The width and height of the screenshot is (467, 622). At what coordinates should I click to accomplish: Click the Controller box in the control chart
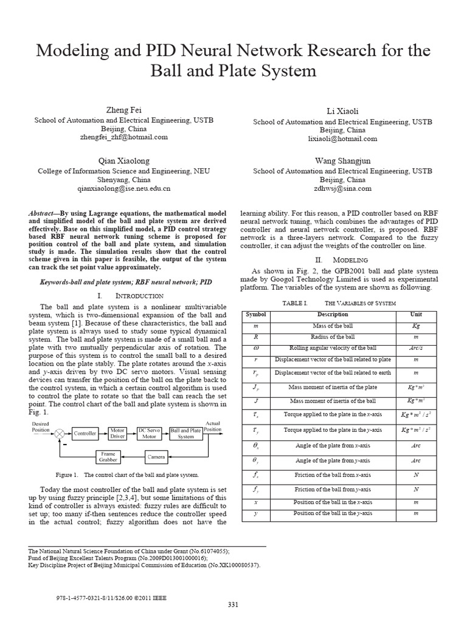pos(85,433)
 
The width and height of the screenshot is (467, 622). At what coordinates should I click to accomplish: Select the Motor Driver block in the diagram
pos(117,433)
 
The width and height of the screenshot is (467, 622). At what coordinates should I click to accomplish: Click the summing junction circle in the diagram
pos(60,433)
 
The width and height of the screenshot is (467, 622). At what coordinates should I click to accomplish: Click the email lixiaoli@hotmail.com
pos(342,138)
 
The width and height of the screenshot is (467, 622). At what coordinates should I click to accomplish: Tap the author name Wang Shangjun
pos(342,160)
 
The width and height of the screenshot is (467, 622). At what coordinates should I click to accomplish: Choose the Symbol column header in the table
pos(251,315)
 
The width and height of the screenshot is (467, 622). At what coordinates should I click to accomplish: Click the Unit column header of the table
pos(416,315)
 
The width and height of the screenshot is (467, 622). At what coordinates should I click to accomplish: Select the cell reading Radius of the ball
pos(333,336)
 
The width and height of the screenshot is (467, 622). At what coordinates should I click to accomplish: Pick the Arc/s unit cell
pos(416,348)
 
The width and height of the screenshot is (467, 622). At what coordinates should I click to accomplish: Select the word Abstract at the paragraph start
pos(42,214)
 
